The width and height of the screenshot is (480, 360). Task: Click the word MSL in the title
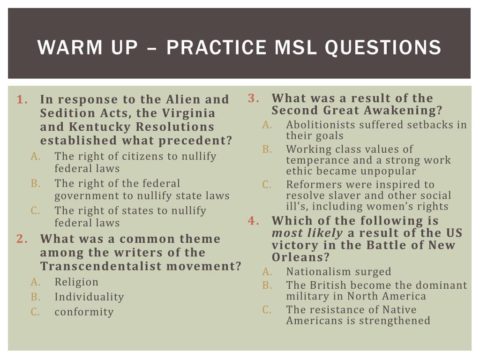tap(296, 47)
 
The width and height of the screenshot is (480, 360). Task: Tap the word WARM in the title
tap(70, 47)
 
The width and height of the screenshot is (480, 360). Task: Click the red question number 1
tap(22, 99)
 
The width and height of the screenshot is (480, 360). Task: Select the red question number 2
tap(22, 239)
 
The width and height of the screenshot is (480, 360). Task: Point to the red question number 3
tap(254, 98)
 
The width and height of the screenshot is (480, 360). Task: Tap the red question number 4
tap(254, 220)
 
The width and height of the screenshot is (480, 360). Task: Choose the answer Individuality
tap(89, 297)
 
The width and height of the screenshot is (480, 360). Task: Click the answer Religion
tap(76, 282)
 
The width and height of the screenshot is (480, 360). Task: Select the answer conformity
tap(84, 312)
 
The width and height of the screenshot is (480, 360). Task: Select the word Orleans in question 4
tap(300, 257)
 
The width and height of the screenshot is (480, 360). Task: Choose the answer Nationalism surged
tap(338, 271)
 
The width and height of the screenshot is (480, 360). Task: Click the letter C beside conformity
tap(35, 312)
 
